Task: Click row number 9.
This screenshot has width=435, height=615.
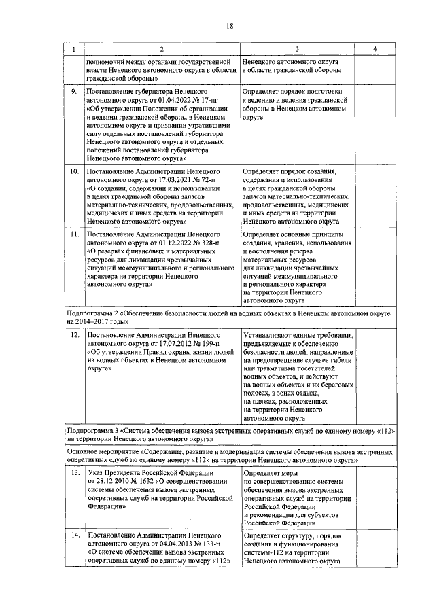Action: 74,90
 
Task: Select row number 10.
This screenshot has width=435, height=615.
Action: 75,171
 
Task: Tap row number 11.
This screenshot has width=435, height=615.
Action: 75,234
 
